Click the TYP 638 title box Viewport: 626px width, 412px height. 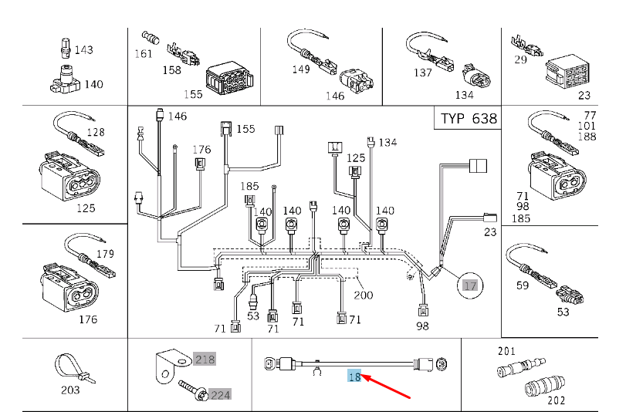pyautogui.click(x=468, y=118)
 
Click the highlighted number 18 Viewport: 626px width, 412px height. pyautogui.click(x=354, y=376)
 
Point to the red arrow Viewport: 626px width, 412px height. pyautogui.click(x=387, y=386)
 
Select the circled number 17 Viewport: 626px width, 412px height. pyautogui.click(x=470, y=285)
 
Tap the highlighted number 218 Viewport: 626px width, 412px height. pyautogui.click(x=205, y=360)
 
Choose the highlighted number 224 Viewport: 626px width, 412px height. pyautogui.click(x=221, y=395)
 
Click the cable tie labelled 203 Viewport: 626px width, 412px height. pyautogui.click(x=74, y=369)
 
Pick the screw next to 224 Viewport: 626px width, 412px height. pyautogui.click(x=193, y=390)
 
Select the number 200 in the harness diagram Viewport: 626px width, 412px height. pyautogui.click(x=364, y=295)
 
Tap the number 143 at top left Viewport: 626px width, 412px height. pyautogui.click(x=84, y=50)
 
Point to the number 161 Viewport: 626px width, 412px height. pyautogui.click(x=144, y=54)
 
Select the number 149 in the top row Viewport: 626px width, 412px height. pyautogui.click(x=301, y=69)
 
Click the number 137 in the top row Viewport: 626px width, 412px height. pyautogui.click(x=423, y=73)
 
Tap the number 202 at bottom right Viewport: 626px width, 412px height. pyautogui.click(x=556, y=400)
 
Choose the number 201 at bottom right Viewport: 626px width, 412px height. pyautogui.click(x=506, y=351)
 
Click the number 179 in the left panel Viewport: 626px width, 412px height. pyautogui.click(x=106, y=254)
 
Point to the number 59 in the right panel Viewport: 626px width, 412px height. pyautogui.click(x=523, y=285)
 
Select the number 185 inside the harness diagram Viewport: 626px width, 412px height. pyautogui.click(x=249, y=186)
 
